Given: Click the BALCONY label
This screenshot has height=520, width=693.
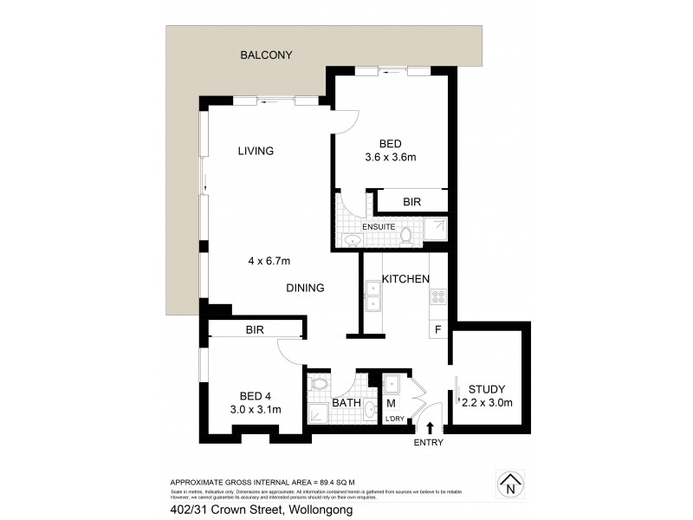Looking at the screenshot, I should point(266,55).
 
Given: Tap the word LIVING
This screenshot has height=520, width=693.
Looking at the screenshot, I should point(256,151).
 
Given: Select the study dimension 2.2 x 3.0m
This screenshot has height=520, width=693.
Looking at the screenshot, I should point(487,402).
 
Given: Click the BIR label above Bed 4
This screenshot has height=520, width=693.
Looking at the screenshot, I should point(254,330).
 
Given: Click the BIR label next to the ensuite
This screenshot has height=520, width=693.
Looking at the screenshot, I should point(412,202).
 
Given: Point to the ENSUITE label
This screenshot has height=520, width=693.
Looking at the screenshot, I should point(379,227).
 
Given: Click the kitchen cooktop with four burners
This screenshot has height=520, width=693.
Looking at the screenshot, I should point(437,296).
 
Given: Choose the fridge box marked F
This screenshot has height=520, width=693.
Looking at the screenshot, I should point(437,329).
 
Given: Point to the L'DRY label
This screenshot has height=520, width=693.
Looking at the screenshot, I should point(394,420).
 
